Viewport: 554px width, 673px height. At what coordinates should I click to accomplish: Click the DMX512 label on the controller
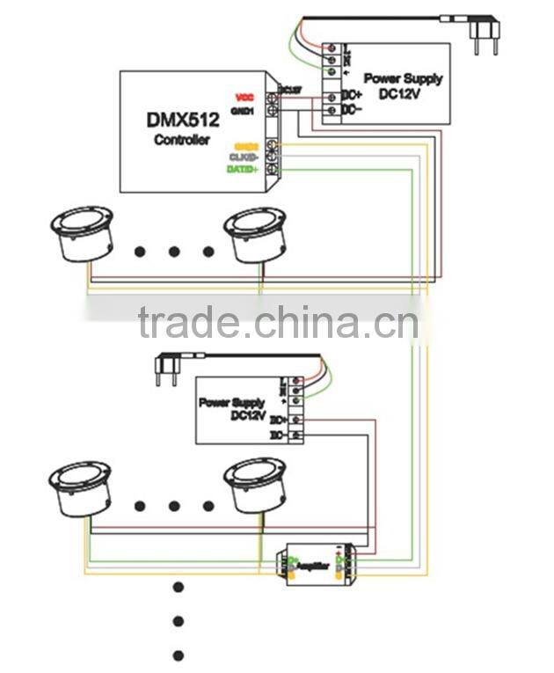pyautogui.click(x=183, y=119)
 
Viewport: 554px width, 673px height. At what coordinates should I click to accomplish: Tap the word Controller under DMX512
pyautogui.click(x=182, y=140)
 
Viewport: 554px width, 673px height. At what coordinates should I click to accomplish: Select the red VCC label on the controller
pyautogui.click(x=245, y=96)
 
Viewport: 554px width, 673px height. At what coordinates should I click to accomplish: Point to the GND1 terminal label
pyautogui.click(x=243, y=112)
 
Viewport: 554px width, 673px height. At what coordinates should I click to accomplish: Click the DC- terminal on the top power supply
pyautogui.click(x=349, y=109)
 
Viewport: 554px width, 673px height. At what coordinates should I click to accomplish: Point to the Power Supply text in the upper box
pyautogui.click(x=403, y=78)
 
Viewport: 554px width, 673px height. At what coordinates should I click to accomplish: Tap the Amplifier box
pyautogui.click(x=317, y=565)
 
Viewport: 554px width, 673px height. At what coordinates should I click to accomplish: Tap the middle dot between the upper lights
pyautogui.click(x=174, y=252)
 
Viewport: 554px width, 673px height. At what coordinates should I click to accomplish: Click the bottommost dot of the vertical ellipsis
pyautogui.click(x=179, y=655)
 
